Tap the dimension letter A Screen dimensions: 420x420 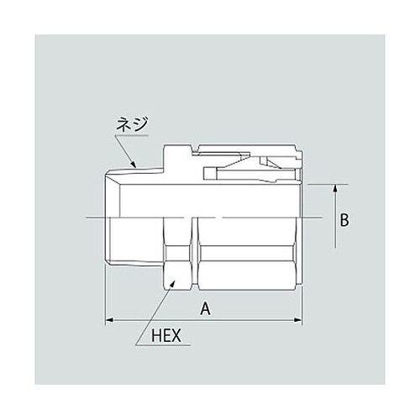(204, 308)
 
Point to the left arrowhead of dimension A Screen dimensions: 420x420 (108, 320)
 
